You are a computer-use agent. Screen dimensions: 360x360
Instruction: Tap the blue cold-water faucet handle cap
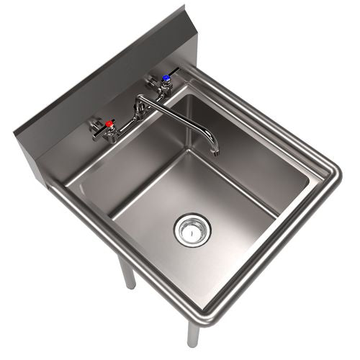click(x=166, y=78)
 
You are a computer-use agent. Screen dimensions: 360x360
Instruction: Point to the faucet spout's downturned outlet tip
click(x=214, y=150)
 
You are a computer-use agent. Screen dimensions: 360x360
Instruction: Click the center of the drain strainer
click(x=192, y=229)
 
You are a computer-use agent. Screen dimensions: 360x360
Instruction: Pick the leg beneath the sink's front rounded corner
click(x=193, y=334)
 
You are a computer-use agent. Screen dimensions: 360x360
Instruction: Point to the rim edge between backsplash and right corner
click(x=266, y=115)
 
